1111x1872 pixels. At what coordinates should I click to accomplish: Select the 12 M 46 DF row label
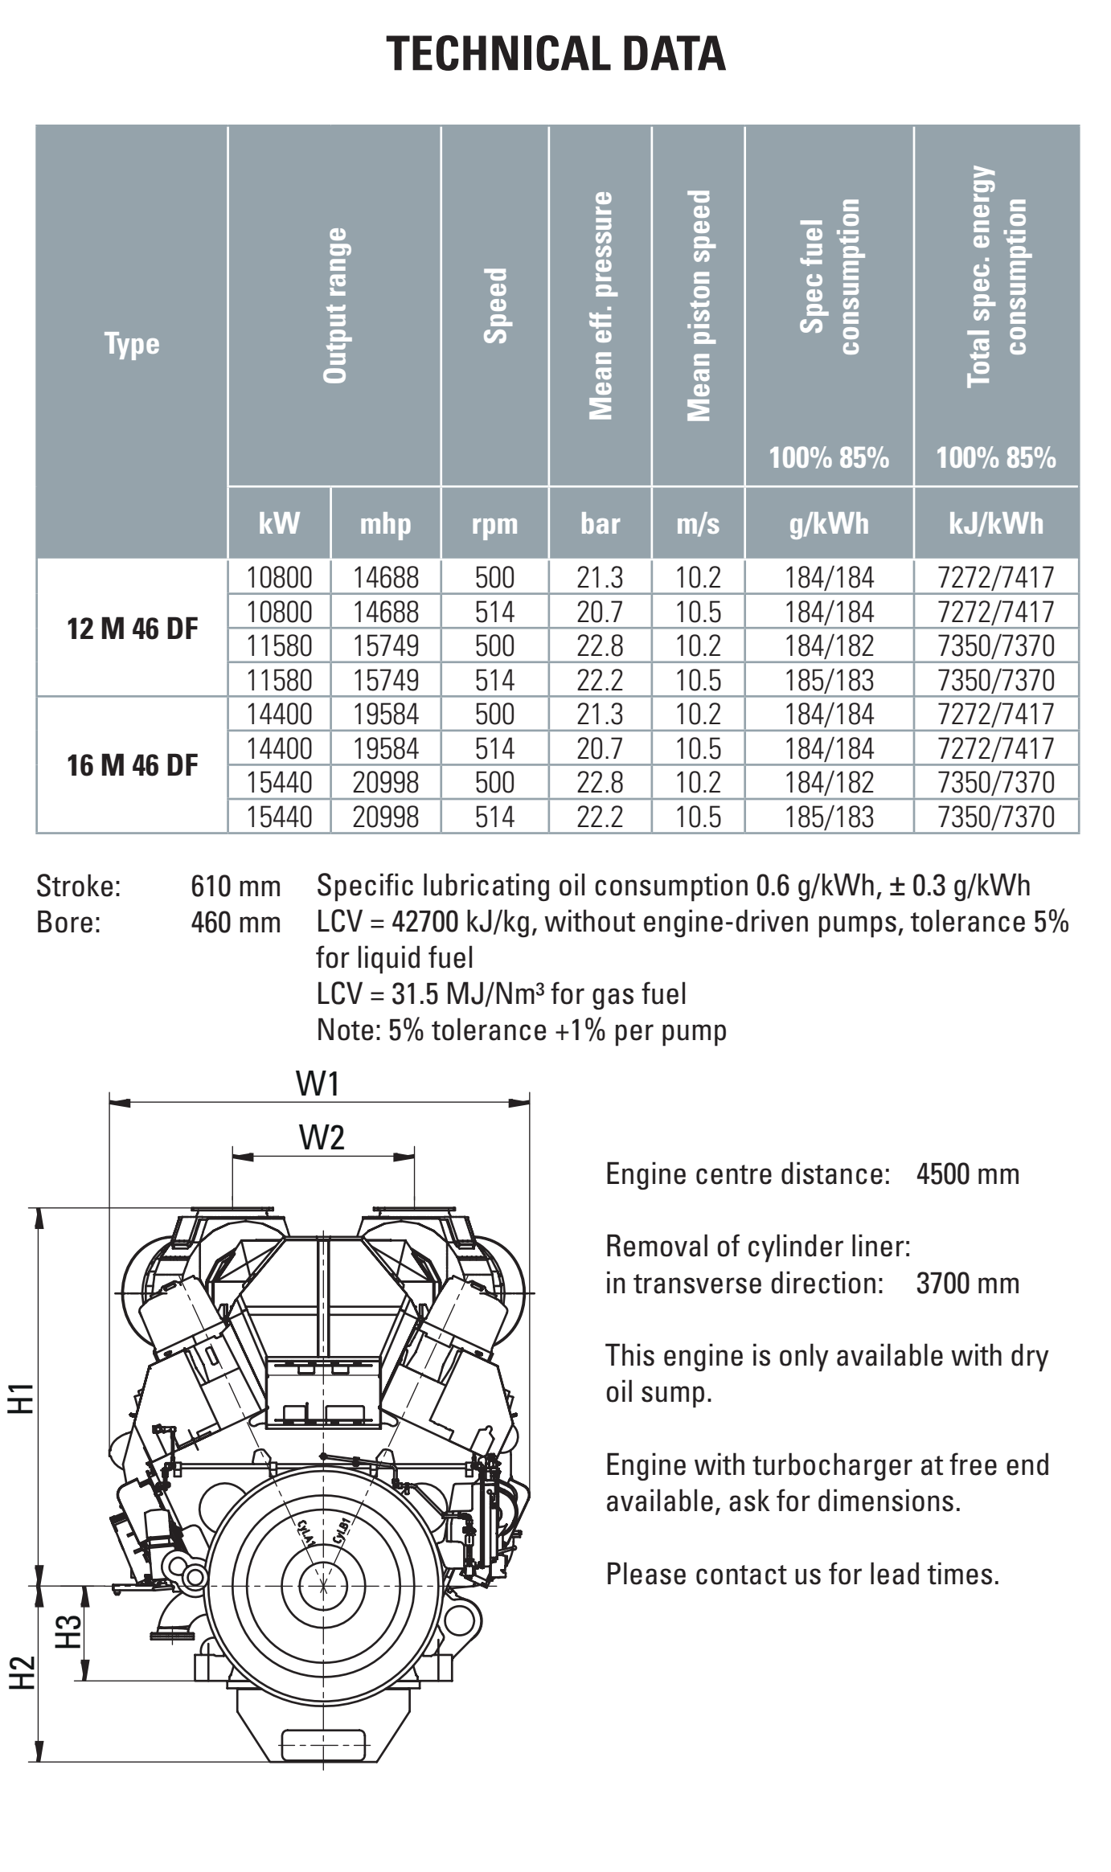pyautogui.click(x=133, y=629)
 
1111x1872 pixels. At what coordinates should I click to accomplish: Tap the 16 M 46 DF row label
pyautogui.click(x=133, y=765)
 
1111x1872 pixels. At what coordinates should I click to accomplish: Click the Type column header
pyautogui.click(x=132, y=344)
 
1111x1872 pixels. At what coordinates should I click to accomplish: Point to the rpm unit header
pyautogui.click(x=494, y=524)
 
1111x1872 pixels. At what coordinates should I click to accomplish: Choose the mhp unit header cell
pyautogui.click(x=386, y=524)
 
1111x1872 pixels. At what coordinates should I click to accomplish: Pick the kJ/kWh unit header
pyautogui.click(x=996, y=524)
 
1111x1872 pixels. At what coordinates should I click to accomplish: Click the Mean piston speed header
pyautogui.click(x=699, y=305)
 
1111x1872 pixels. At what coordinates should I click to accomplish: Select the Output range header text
pyautogui.click(x=335, y=305)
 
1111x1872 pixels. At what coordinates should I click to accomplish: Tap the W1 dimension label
pyautogui.click(x=318, y=1084)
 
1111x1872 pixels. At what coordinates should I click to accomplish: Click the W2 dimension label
pyautogui.click(x=322, y=1137)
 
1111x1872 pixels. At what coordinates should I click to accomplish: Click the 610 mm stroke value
pyautogui.click(x=236, y=887)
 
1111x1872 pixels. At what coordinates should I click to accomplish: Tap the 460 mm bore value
pyautogui.click(x=236, y=923)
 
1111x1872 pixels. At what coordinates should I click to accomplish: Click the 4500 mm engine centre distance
pyautogui.click(x=968, y=1174)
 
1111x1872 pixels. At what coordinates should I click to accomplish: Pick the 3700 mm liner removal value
pyautogui.click(x=968, y=1283)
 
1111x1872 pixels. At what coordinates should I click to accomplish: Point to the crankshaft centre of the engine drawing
pyautogui.click(x=323, y=1586)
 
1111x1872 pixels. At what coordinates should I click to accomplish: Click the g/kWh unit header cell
pyautogui.click(x=830, y=524)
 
